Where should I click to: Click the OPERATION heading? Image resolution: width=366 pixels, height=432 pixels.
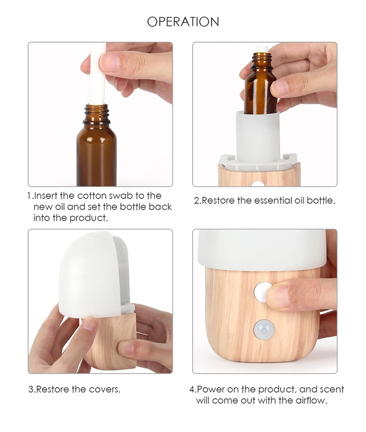tap(183, 21)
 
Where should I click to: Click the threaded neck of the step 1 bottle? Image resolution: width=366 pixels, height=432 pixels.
tap(97, 114)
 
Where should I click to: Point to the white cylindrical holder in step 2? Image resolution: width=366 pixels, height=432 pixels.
tap(258, 137)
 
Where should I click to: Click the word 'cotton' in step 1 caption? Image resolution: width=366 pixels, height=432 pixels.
tap(92, 196)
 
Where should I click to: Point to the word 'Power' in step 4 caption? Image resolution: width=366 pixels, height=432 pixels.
tap(210, 389)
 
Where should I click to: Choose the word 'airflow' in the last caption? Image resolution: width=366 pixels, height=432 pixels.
tap(311, 400)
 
